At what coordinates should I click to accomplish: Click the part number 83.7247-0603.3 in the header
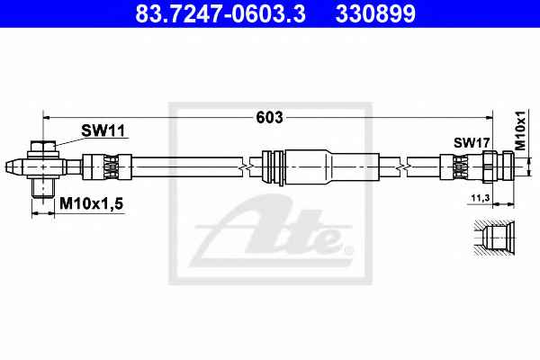(220, 13)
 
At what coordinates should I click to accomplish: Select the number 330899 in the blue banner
(375, 13)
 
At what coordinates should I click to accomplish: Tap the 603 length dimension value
(269, 118)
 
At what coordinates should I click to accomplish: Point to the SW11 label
(103, 130)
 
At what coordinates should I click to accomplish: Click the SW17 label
(472, 142)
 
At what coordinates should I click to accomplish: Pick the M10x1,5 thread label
(91, 203)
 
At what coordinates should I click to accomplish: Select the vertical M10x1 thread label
(520, 130)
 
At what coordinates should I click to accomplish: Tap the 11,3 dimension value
(481, 198)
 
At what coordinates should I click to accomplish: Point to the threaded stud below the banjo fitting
(43, 187)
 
